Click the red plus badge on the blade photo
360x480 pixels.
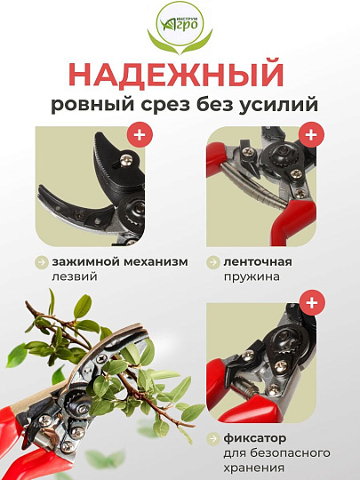point(139,136)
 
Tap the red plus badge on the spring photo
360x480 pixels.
point(310,136)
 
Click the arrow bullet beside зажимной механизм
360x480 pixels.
point(41,262)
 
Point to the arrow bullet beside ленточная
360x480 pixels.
point(214,262)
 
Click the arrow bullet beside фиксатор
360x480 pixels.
point(214,438)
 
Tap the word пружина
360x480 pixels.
point(251,276)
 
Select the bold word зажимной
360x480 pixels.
point(82,262)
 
